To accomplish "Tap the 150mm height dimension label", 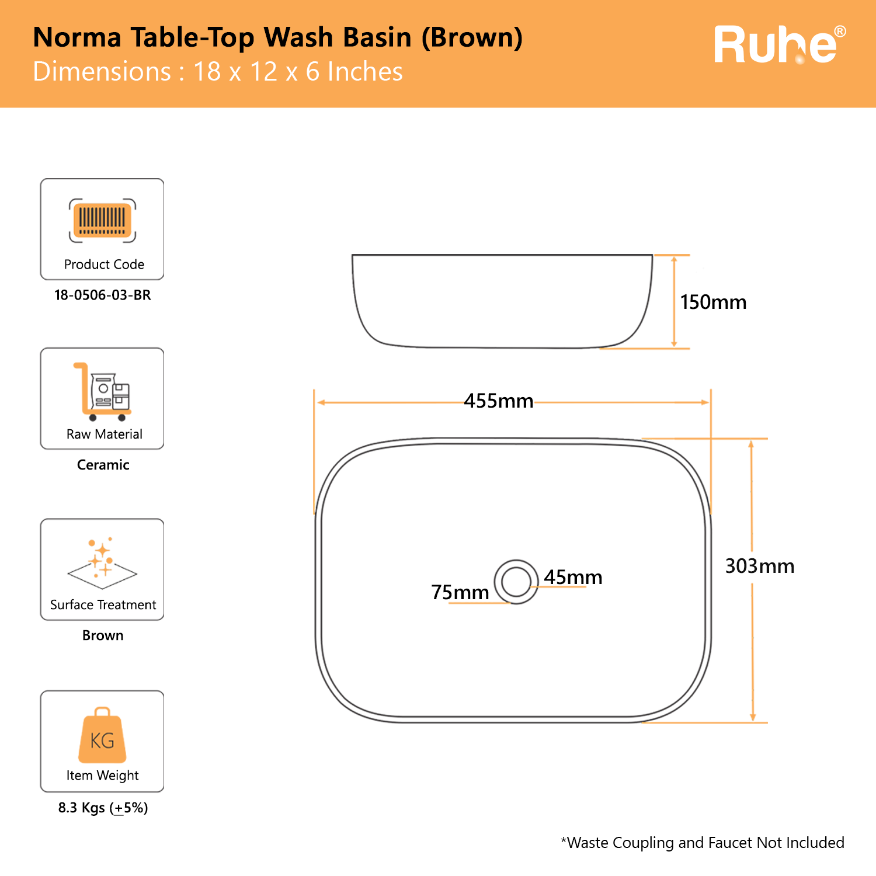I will (713, 303).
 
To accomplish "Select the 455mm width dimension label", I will (499, 401).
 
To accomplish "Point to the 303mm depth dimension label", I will (759, 566).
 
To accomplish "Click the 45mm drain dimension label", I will (573, 577).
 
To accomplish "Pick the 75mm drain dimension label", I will (460, 592).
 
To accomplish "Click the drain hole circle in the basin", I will (516, 582).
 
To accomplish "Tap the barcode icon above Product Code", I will (102, 221).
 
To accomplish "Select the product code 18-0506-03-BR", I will (103, 295).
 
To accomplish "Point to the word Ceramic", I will (103, 465).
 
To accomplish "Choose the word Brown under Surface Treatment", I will (103, 635).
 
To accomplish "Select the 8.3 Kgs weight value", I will (103, 808).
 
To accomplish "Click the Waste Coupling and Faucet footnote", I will (703, 843).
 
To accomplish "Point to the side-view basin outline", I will (502, 301).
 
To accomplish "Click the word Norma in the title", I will (77, 37).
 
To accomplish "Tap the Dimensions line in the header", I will (218, 72).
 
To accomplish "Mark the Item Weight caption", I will (102, 776).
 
